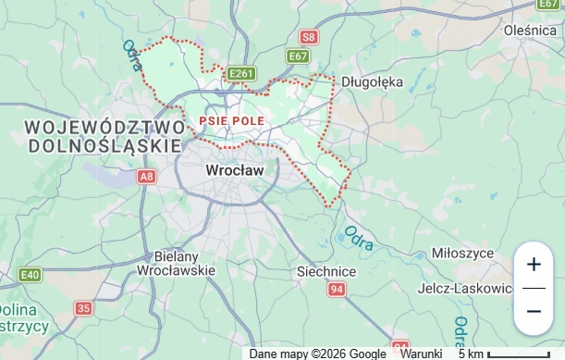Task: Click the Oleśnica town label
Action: [x=529, y=30]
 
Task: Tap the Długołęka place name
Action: [x=373, y=81]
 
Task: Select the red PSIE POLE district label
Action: [x=231, y=120]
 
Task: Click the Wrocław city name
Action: [x=234, y=170]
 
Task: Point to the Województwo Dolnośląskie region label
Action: [x=104, y=136]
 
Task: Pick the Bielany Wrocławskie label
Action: [x=176, y=263]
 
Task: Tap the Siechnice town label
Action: [x=326, y=271]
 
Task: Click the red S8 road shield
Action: [x=309, y=37]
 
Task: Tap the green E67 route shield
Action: [x=298, y=56]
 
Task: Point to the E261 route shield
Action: [x=240, y=73]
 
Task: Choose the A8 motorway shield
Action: [x=147, y=175]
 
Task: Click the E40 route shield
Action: [x=30, y=275]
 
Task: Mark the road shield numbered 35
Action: [x=84, y=308]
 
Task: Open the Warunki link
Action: [x=421, y=354]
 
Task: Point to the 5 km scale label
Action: [x=471, y=354]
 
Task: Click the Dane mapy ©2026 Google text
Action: [x=318, y=354]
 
